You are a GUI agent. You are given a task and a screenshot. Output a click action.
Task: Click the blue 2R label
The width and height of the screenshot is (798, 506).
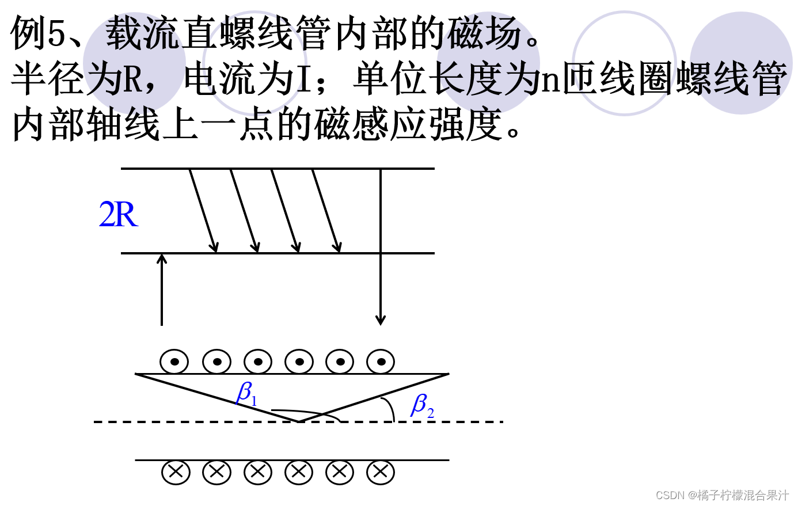coord(119,215)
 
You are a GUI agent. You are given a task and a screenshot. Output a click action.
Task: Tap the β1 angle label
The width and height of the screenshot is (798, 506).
coord(246,394)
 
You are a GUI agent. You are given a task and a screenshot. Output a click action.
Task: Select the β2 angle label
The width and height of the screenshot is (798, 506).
coord(422,406)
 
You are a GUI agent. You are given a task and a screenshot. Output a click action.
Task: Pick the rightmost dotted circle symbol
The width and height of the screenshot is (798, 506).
coord(381,362)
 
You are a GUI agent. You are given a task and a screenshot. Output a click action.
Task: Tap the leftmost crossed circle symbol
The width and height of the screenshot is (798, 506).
coord(176,473)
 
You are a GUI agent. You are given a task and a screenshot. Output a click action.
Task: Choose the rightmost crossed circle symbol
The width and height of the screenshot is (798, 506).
coord(381,473)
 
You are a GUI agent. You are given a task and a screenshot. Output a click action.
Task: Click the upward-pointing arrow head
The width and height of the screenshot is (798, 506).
coord(162,258)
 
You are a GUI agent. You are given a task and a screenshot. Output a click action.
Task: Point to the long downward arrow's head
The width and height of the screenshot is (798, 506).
coord(380,320)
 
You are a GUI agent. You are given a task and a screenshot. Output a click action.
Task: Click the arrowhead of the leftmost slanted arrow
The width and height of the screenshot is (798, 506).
coord(215,248)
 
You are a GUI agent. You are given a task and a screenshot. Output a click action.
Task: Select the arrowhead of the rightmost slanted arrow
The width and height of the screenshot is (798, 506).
coord(338,248)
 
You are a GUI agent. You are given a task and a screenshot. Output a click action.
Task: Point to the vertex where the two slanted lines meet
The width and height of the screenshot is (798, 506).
coord(299,422)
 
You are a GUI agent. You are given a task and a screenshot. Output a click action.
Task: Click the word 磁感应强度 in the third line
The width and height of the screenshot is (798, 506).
coord(408,125)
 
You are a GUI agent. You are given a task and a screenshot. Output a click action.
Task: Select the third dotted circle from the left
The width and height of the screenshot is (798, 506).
coord(258,362)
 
